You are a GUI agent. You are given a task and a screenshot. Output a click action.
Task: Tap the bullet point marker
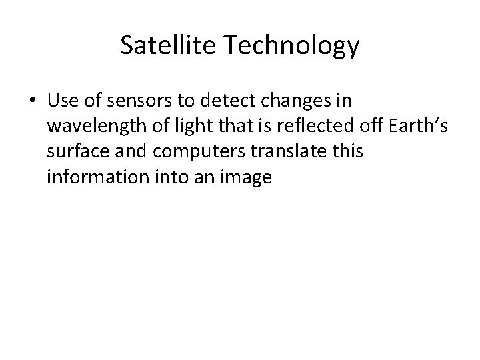click(33, 101)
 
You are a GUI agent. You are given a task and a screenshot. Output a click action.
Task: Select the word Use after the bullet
click(63, 101)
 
